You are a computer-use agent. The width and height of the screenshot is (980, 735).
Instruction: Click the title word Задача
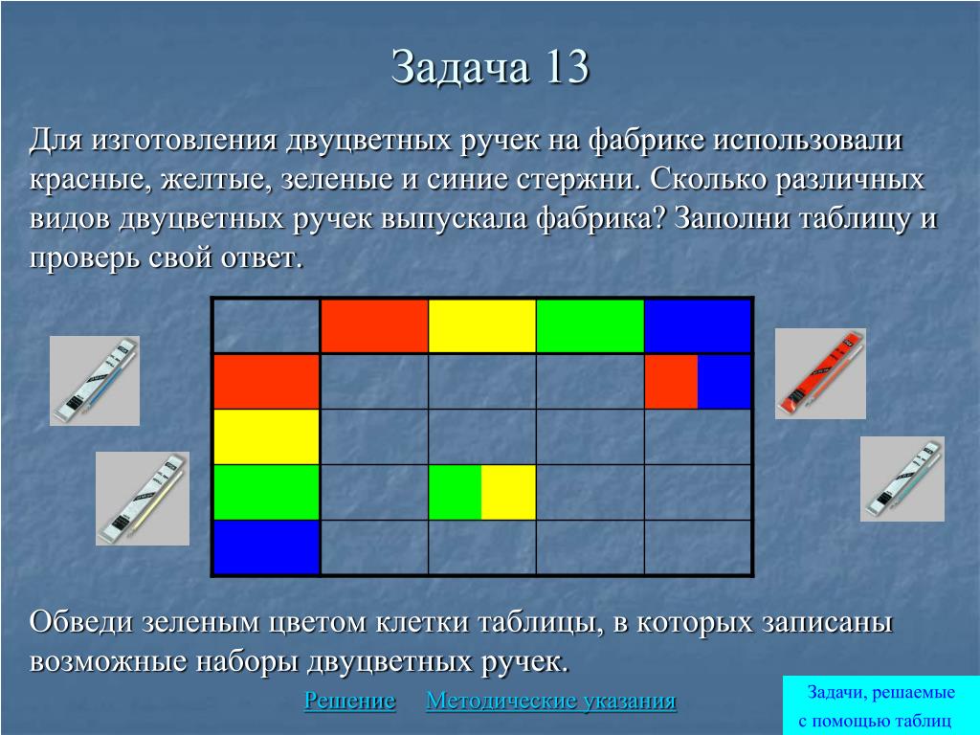pos(460,67)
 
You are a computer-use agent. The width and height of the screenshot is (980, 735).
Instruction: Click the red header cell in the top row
pos(374,326)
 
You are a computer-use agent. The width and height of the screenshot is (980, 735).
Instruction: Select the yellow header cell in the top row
pos(482,326)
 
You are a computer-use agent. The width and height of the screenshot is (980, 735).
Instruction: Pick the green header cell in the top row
pos(590,326)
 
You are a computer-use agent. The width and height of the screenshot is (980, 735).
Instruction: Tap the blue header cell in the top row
pos(698,326)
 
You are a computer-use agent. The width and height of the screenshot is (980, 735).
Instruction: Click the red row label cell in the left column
pos(266,381)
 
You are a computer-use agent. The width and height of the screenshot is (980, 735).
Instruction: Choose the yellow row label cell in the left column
pos(266,436)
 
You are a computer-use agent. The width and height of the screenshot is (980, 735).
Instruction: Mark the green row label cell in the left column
pos(266,492)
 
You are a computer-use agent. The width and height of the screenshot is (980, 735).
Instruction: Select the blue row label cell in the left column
pos(266,546)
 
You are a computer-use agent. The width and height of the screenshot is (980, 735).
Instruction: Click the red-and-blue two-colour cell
pos(698,381)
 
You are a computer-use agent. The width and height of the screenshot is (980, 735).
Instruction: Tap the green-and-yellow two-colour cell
pos(482,492)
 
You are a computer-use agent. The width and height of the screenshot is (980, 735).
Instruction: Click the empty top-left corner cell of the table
pos(266,326)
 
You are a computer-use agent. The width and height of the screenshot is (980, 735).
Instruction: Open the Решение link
pos(349,701)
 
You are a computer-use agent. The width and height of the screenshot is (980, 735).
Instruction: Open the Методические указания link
pos(550,701)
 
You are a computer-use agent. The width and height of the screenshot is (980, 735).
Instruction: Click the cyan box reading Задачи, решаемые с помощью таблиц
pos(880,705)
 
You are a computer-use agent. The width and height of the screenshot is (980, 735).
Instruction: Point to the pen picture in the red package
pos(820,374)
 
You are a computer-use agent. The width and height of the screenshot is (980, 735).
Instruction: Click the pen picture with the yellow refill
pos(143,499)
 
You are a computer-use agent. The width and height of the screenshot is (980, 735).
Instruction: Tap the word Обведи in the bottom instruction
pos(81,622)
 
